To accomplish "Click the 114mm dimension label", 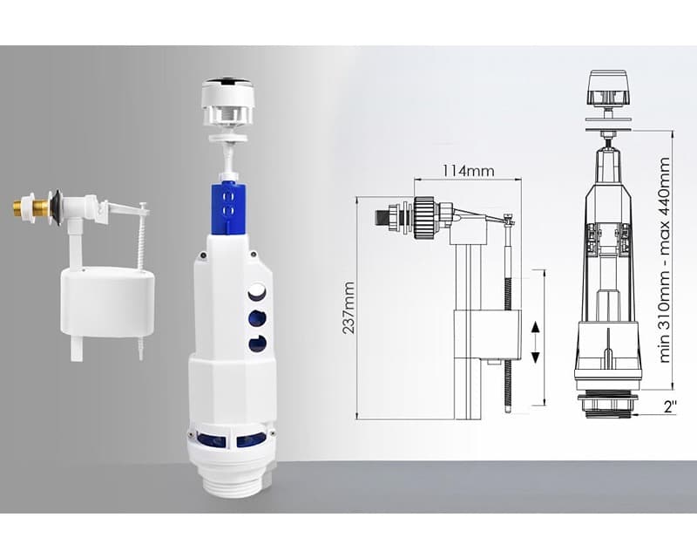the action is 468,170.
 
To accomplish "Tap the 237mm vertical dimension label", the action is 348,308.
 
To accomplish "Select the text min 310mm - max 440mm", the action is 664,261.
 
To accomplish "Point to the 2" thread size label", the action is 670,406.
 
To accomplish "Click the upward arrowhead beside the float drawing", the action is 536,327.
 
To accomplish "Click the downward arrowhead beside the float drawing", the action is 536,357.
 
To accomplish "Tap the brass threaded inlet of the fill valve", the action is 31,207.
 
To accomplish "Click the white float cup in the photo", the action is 107,302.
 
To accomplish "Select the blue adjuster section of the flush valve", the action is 228,208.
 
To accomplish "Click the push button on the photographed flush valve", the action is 226,100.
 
